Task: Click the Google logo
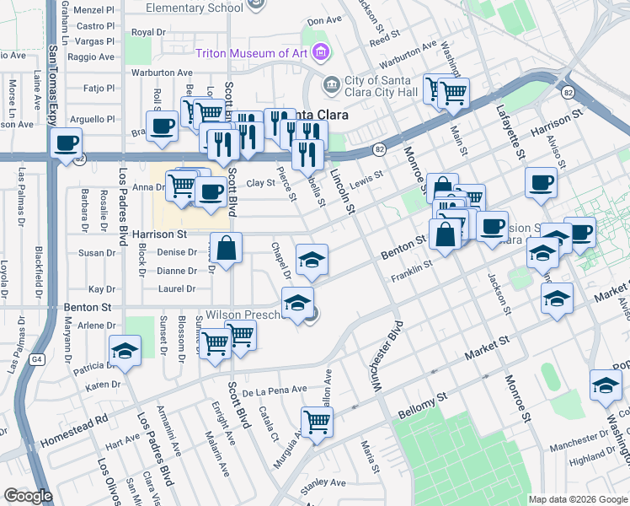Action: [x=29, y=496]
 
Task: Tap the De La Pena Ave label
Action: [x=274, y=391]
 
